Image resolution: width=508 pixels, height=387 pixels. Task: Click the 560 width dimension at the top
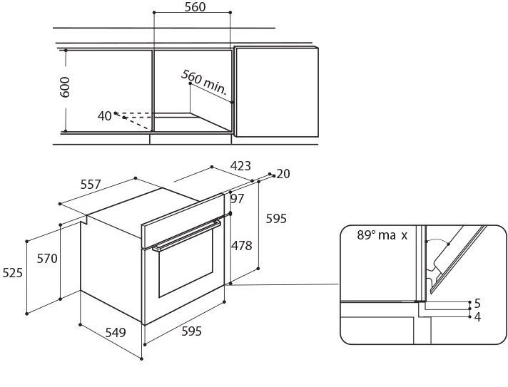point(195,7)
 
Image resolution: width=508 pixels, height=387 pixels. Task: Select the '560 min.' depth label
point(204,82)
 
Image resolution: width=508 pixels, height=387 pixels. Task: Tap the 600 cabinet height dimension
point(66,87)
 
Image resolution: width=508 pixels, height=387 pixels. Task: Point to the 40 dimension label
point(105,115)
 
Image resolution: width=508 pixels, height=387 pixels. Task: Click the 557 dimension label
point(91,185)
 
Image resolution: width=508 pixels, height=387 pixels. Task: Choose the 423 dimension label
point(240,166)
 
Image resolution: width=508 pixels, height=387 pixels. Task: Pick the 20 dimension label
point(283,174)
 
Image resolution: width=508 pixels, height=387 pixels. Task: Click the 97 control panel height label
point(238,199)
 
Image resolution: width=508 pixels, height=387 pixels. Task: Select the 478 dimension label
point(242,246)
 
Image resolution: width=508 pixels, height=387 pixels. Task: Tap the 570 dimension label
point(47,259)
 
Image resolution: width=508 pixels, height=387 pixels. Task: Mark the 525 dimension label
point(12,272)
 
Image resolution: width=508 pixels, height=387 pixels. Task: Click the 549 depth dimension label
point(116,332)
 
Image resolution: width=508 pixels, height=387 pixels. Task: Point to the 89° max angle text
point(382,235)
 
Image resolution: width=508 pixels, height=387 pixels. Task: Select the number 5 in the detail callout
point(477,304)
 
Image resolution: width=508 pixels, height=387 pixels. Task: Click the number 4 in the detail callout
point(477,317)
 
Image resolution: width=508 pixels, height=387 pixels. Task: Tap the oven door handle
point(187,236)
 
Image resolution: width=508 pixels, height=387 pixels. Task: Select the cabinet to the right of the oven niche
point(277,91)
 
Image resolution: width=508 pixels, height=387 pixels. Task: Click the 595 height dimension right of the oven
point(276,219)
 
